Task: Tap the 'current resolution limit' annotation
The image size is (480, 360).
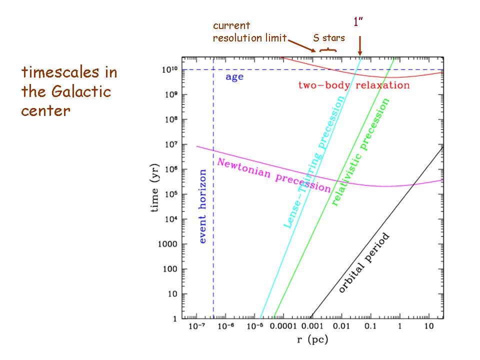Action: pyautogui.click(x=249, y=31)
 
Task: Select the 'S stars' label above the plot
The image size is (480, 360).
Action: pyautogui.click(x=328, y=37)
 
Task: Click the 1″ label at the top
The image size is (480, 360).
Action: pyautogui.click(x=358, y=22)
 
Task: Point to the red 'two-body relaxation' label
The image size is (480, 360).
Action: pyautogui.click(x=353, y=85)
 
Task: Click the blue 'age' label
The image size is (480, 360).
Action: pyautogui.click(x=234, y=77)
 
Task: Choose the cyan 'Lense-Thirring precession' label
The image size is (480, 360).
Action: pyautogui.click(x=314, y=161)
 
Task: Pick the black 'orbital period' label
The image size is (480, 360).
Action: pyautogui.click(x=363, y=263)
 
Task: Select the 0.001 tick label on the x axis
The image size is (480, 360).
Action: pyautogui.click(x=313, y=326)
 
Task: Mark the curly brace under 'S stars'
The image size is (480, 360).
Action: pyautogui.click(x=327, y=49)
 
